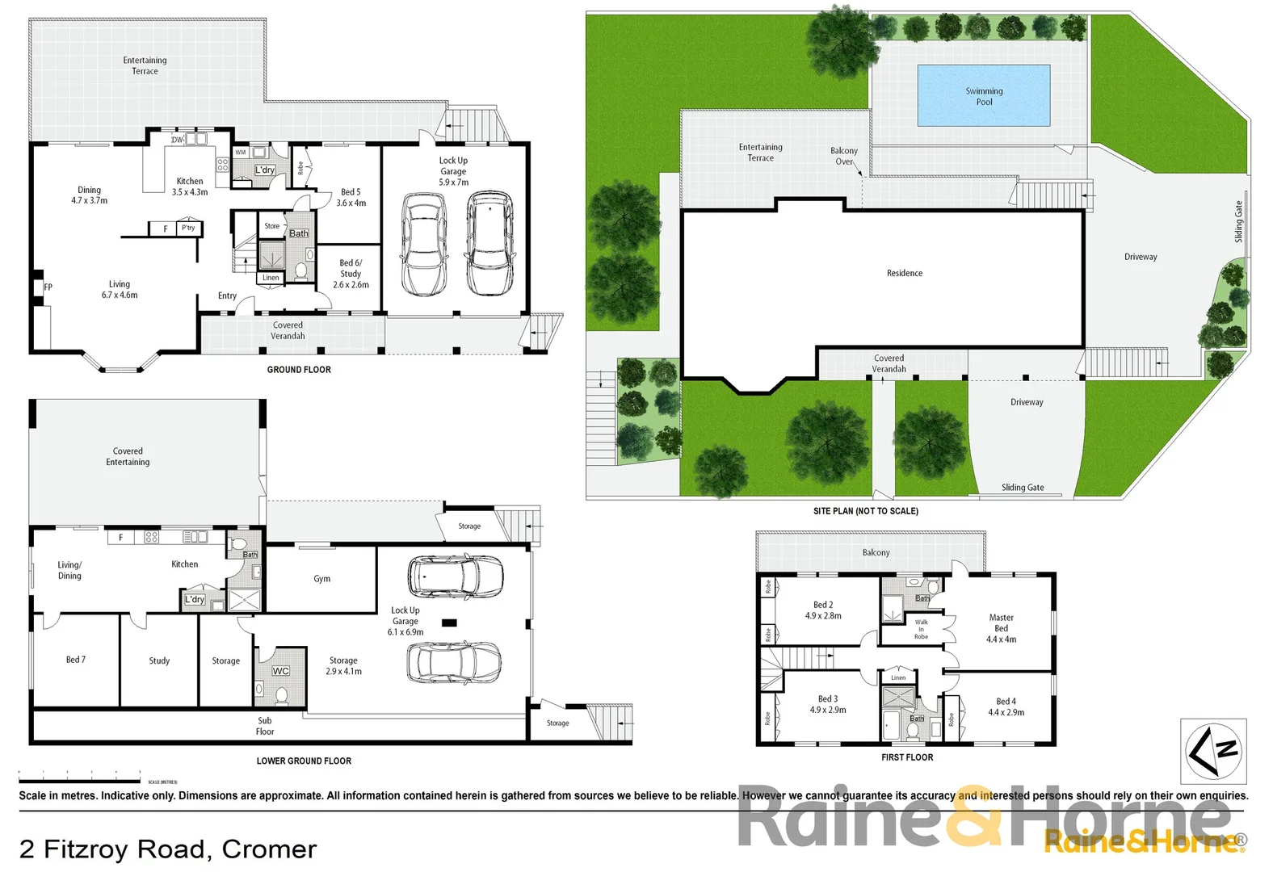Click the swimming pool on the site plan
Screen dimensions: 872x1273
[x=983, y=95]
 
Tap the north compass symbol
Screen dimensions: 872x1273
[x=1213, y=751]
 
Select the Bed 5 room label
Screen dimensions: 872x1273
[x=351, y=198]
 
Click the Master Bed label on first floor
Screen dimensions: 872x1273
[x=1001, y=628]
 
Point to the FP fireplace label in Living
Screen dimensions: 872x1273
[x=48, y=287]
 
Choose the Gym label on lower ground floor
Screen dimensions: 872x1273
[x=321, y=579]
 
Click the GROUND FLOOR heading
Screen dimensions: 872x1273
[x=299, y=370]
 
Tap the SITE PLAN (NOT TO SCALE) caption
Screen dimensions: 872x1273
[x=865, y=511]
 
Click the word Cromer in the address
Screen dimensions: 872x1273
[x=269, y=849]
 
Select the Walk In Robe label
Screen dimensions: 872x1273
[x=921, y=629]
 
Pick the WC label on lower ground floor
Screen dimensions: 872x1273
[x=280, y=671]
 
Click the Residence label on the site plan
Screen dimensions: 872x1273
[x=904, y=273]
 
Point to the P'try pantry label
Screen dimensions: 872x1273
[x=188, y=228]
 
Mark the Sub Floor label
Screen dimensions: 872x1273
[x=265, y=726]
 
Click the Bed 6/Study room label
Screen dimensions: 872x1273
[x=351, y=274]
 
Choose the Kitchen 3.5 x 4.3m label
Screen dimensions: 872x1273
[x=190, y=187]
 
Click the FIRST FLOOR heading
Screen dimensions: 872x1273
[x=906, y=757]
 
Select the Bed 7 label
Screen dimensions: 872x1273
[x=75, y=660]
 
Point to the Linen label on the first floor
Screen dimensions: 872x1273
[x=898, y=677]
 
